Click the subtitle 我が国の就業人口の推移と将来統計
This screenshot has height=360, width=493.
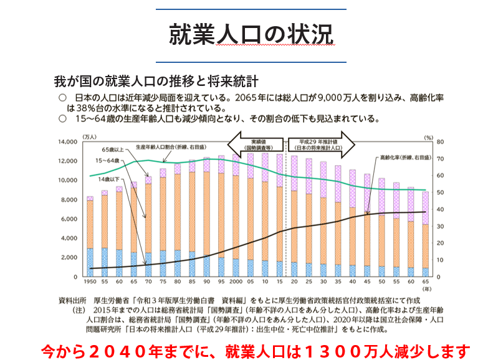pos(157,82)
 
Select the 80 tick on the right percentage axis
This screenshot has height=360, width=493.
pos(439,142)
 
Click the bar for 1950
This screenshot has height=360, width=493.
pos(90,237)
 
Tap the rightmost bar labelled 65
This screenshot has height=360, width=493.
pos(425,234)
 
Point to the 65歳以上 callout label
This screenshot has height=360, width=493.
pos(113,150)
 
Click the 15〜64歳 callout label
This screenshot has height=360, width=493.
pos(108,161)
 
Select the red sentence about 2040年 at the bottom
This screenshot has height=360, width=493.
pos(253,350)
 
